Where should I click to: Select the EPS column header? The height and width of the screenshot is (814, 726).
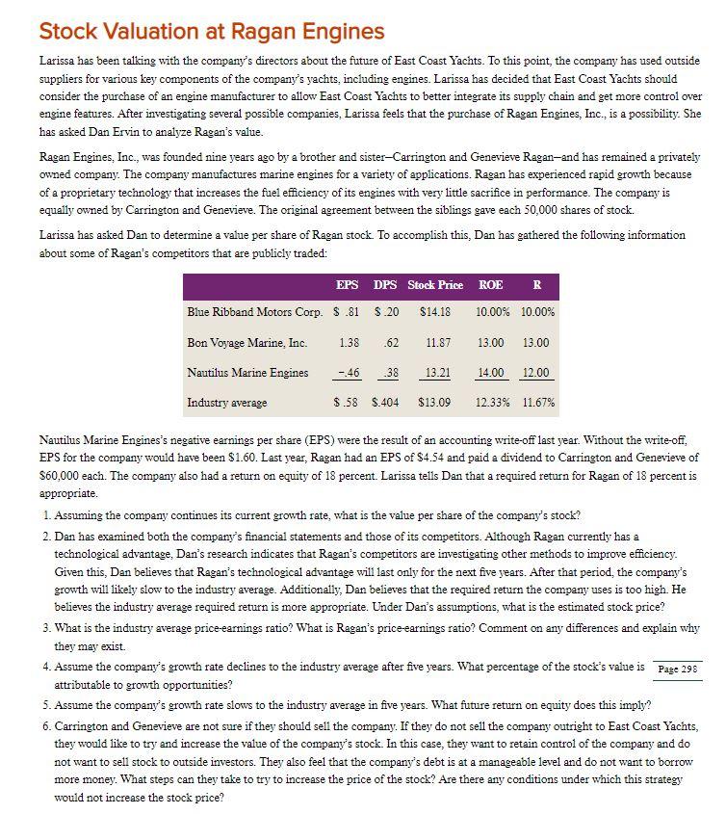pos(348,285)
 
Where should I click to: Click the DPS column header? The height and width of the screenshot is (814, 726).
pos(387,285)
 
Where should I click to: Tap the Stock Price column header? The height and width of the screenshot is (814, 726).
pos(435,285)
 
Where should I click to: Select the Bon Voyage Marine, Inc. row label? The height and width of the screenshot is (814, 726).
pos(247,343)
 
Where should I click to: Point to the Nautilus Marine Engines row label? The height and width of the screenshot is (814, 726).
pos(248,373)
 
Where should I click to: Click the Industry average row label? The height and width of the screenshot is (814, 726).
pos(227,402)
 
